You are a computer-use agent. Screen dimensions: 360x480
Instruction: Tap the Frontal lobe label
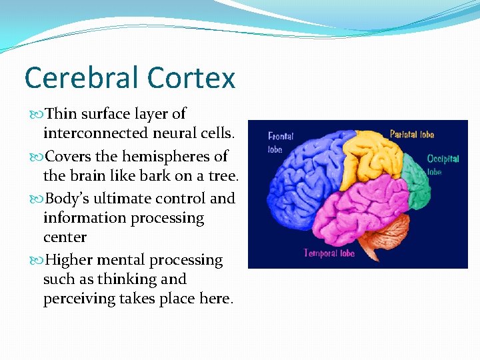[280, 142]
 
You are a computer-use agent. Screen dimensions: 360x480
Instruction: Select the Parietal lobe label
[411, 135]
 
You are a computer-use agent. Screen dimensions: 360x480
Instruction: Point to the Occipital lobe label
[443, 164]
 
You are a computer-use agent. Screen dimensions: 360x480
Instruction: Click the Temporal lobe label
[329, 253]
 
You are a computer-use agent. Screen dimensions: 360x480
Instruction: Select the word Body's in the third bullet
[68, 199]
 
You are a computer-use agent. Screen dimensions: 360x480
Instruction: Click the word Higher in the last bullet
[71, 260]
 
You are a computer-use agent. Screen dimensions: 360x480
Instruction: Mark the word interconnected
[97, 133]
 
